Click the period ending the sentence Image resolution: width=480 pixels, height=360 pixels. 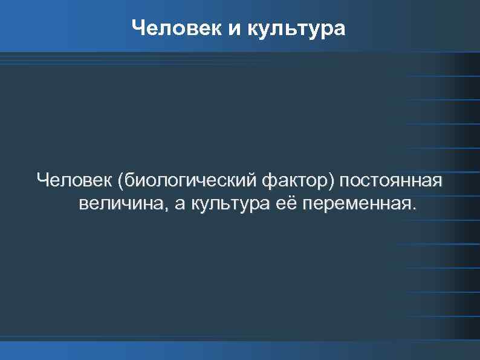pyautogui.click(x=414, y=209)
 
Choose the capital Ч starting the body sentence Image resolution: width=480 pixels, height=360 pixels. pyautogui.click(x=42, y=180)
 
